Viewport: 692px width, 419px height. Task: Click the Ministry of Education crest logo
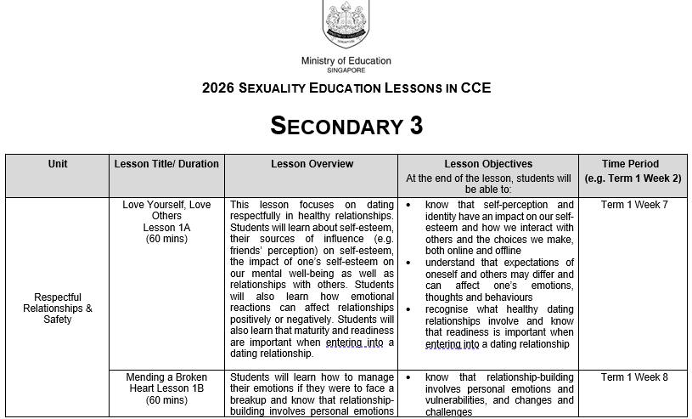click(346, 24)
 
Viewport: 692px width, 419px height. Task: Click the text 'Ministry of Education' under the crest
click(346, 61)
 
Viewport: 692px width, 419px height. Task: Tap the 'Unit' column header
click(58, 164)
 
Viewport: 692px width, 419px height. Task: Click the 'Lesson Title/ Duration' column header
click(166, 164)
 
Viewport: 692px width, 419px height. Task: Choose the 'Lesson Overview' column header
click(312, 164)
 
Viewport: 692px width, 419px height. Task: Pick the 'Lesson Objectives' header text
click(488, 164)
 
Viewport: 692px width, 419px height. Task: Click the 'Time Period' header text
click(630, 164)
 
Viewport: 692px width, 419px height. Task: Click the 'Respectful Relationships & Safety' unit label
click(58, 309)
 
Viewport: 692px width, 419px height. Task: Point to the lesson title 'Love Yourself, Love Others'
click(166, 210)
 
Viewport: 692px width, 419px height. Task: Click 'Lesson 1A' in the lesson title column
click(166, 228)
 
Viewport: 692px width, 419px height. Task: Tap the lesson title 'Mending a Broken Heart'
click(166, 382)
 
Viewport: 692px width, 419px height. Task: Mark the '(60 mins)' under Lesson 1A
click(166, 240)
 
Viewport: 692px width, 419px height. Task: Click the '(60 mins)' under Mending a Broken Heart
click(166, 400)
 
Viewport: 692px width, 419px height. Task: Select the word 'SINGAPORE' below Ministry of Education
click(346, 71)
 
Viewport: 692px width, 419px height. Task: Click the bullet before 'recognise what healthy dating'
click(409, 309)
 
